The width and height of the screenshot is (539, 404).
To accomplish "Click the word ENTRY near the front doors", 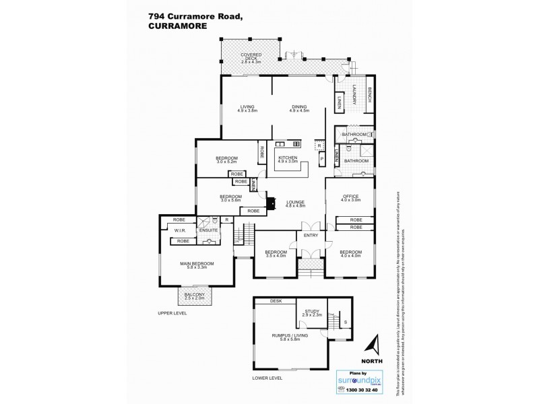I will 311,236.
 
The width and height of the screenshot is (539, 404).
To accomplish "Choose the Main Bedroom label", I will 196,265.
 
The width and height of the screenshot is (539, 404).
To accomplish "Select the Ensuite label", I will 208,230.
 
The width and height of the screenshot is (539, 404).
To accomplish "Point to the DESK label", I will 275,302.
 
